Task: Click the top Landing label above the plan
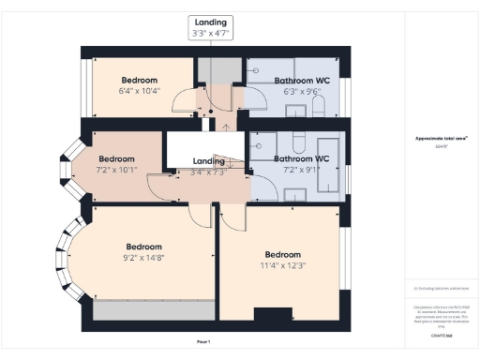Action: click(x=210, y=22)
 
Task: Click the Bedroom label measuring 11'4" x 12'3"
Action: click(x=283, y=254)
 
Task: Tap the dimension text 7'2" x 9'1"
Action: click(x=300, y=170)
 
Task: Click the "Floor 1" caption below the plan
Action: click(x=203, y=340)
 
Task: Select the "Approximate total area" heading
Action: click(x=442, y=139)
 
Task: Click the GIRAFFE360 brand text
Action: click(x=442, y=334)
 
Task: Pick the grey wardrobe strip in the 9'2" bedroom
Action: click(x=152, y=310)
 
